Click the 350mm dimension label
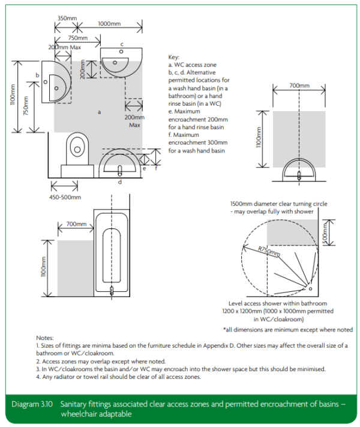(x=67, y=18)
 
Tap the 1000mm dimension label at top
(x=109, y=23)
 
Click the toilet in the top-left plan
(x=77, y=154)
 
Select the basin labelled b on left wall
(x=56, y=83)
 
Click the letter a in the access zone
(x=99, y=112)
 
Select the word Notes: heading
(x=45, y=338)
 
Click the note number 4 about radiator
(x=38, y=377)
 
